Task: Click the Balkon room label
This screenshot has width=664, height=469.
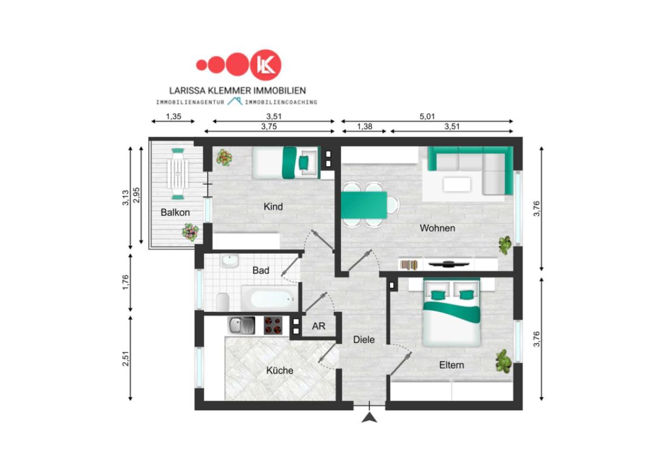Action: coord(175,212)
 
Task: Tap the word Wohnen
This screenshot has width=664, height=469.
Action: coord(437,228)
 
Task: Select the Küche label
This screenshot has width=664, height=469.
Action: coord(279,371)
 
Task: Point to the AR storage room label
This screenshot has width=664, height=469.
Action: coord(318,326)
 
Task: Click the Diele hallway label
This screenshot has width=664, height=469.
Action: coord(364,340)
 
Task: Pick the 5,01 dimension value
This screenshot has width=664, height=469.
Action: coord(427,116)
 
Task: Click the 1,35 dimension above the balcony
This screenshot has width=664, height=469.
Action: coord(173,116)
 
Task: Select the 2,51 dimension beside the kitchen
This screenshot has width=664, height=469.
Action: coord(126,358)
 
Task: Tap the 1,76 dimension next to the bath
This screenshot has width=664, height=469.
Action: coord(126,282)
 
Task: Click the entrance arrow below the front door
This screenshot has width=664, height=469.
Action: coord(370,418)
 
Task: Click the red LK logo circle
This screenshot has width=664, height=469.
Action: coord(265,65)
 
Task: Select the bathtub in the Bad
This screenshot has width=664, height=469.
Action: coord(270,298)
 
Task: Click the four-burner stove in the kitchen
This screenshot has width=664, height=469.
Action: coord(273,325)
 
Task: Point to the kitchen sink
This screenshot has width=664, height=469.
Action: coord(242,325)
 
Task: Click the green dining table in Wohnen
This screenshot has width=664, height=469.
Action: coord(364,205)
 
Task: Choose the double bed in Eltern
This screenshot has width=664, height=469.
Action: coord(452,312)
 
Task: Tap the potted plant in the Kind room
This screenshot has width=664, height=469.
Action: coord(224,157)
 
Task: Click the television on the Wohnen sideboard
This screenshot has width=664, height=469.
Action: coord(449,264)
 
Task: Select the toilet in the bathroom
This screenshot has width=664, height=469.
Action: coord(223,301)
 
